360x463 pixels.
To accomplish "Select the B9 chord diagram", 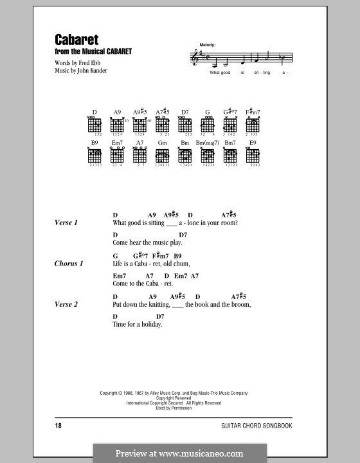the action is [94, 154].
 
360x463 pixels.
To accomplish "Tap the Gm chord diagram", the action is [162, 154].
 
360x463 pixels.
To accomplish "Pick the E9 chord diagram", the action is [253, 154].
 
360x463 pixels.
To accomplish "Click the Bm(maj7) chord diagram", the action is [207, 154].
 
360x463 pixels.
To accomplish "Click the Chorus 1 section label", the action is [69, 264].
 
